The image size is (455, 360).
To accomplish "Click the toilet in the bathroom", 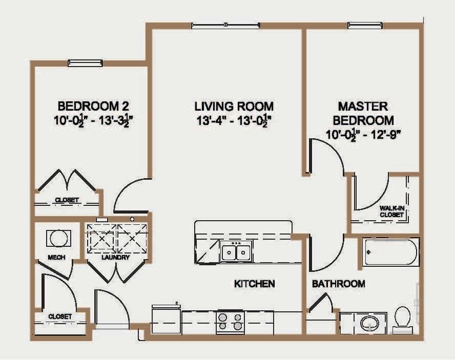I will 402,317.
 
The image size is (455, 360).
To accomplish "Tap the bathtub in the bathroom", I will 390,251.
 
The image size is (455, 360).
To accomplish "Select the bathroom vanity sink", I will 368,323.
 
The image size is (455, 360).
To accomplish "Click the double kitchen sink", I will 236,252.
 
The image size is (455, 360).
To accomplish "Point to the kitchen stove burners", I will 230,321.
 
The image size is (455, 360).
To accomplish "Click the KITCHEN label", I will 255,284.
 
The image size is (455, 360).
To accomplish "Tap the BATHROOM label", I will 339,284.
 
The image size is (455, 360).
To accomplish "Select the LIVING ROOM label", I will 234,107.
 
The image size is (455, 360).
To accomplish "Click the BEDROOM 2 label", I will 93,107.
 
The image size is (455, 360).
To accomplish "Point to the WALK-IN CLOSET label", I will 391,211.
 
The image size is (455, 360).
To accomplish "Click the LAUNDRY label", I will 115,257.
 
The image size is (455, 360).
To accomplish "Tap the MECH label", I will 56,257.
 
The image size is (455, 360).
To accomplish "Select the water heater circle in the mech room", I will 57,238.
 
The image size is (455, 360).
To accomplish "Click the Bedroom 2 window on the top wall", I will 85,63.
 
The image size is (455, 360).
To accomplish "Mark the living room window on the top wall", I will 225,25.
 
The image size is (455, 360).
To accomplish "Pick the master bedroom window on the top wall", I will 365,25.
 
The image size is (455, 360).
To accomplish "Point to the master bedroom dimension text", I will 362,135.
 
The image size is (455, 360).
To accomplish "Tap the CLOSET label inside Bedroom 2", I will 67,200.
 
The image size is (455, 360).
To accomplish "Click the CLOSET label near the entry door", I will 60,317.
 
